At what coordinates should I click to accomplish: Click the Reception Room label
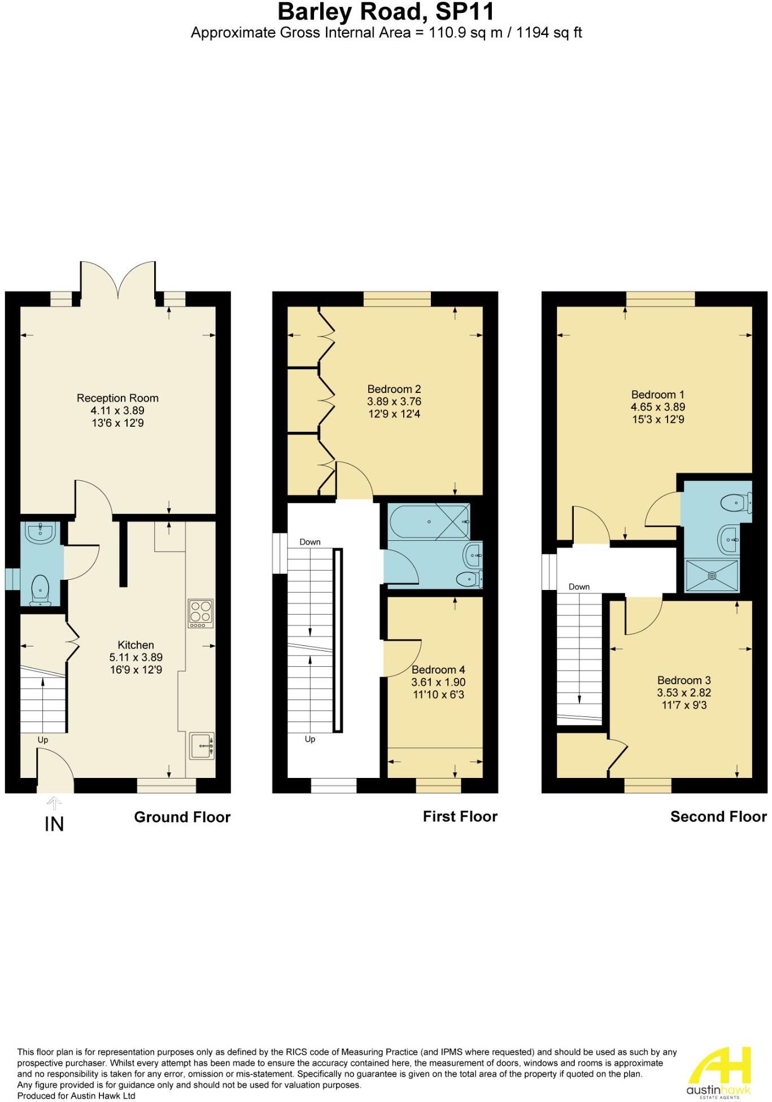tap(117, 398)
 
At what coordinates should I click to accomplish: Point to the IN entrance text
tap(54, 824)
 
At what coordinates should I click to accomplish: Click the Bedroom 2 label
tap(394, 389)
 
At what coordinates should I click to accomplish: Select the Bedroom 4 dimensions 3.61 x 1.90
tap(438, 682)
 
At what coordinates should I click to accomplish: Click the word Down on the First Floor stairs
tap(309, 542)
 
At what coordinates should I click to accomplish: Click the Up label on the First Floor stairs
tap(309, 739)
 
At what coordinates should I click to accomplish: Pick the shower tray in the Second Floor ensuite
tap(712, 575)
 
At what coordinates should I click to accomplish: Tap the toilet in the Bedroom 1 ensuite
tap(738, 501)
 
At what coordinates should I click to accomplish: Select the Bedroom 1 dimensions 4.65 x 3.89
tap(658, 407)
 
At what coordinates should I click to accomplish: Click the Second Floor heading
tap(718, 816)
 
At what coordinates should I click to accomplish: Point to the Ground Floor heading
tap(182, 817)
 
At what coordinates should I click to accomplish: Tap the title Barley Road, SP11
tap(386, 12)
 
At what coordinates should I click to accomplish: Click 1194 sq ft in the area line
tap(548, 33)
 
